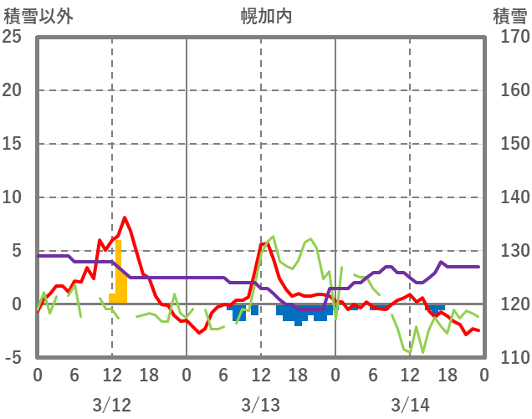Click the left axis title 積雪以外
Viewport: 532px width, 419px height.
[38, 16]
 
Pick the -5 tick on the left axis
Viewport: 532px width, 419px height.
[13, 358]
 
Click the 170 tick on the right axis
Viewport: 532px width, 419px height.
[509, 37]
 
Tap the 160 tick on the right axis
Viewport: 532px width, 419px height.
[509, 90]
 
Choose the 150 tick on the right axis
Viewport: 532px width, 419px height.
[509, 144]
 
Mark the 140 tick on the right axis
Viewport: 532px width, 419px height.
[509, 197]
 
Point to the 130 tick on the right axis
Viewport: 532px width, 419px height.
[509, 251]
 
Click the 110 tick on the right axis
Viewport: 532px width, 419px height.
[509, 358]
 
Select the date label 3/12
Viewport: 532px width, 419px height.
[112, 405]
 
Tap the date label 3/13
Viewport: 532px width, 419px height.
[261, 405]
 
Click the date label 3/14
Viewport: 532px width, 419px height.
[410, 405]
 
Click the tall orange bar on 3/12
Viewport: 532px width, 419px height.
[119, 272]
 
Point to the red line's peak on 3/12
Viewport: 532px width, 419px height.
[125, 217]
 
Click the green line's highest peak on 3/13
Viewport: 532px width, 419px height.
[273, 237]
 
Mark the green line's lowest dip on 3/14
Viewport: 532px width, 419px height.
[410, 353]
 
